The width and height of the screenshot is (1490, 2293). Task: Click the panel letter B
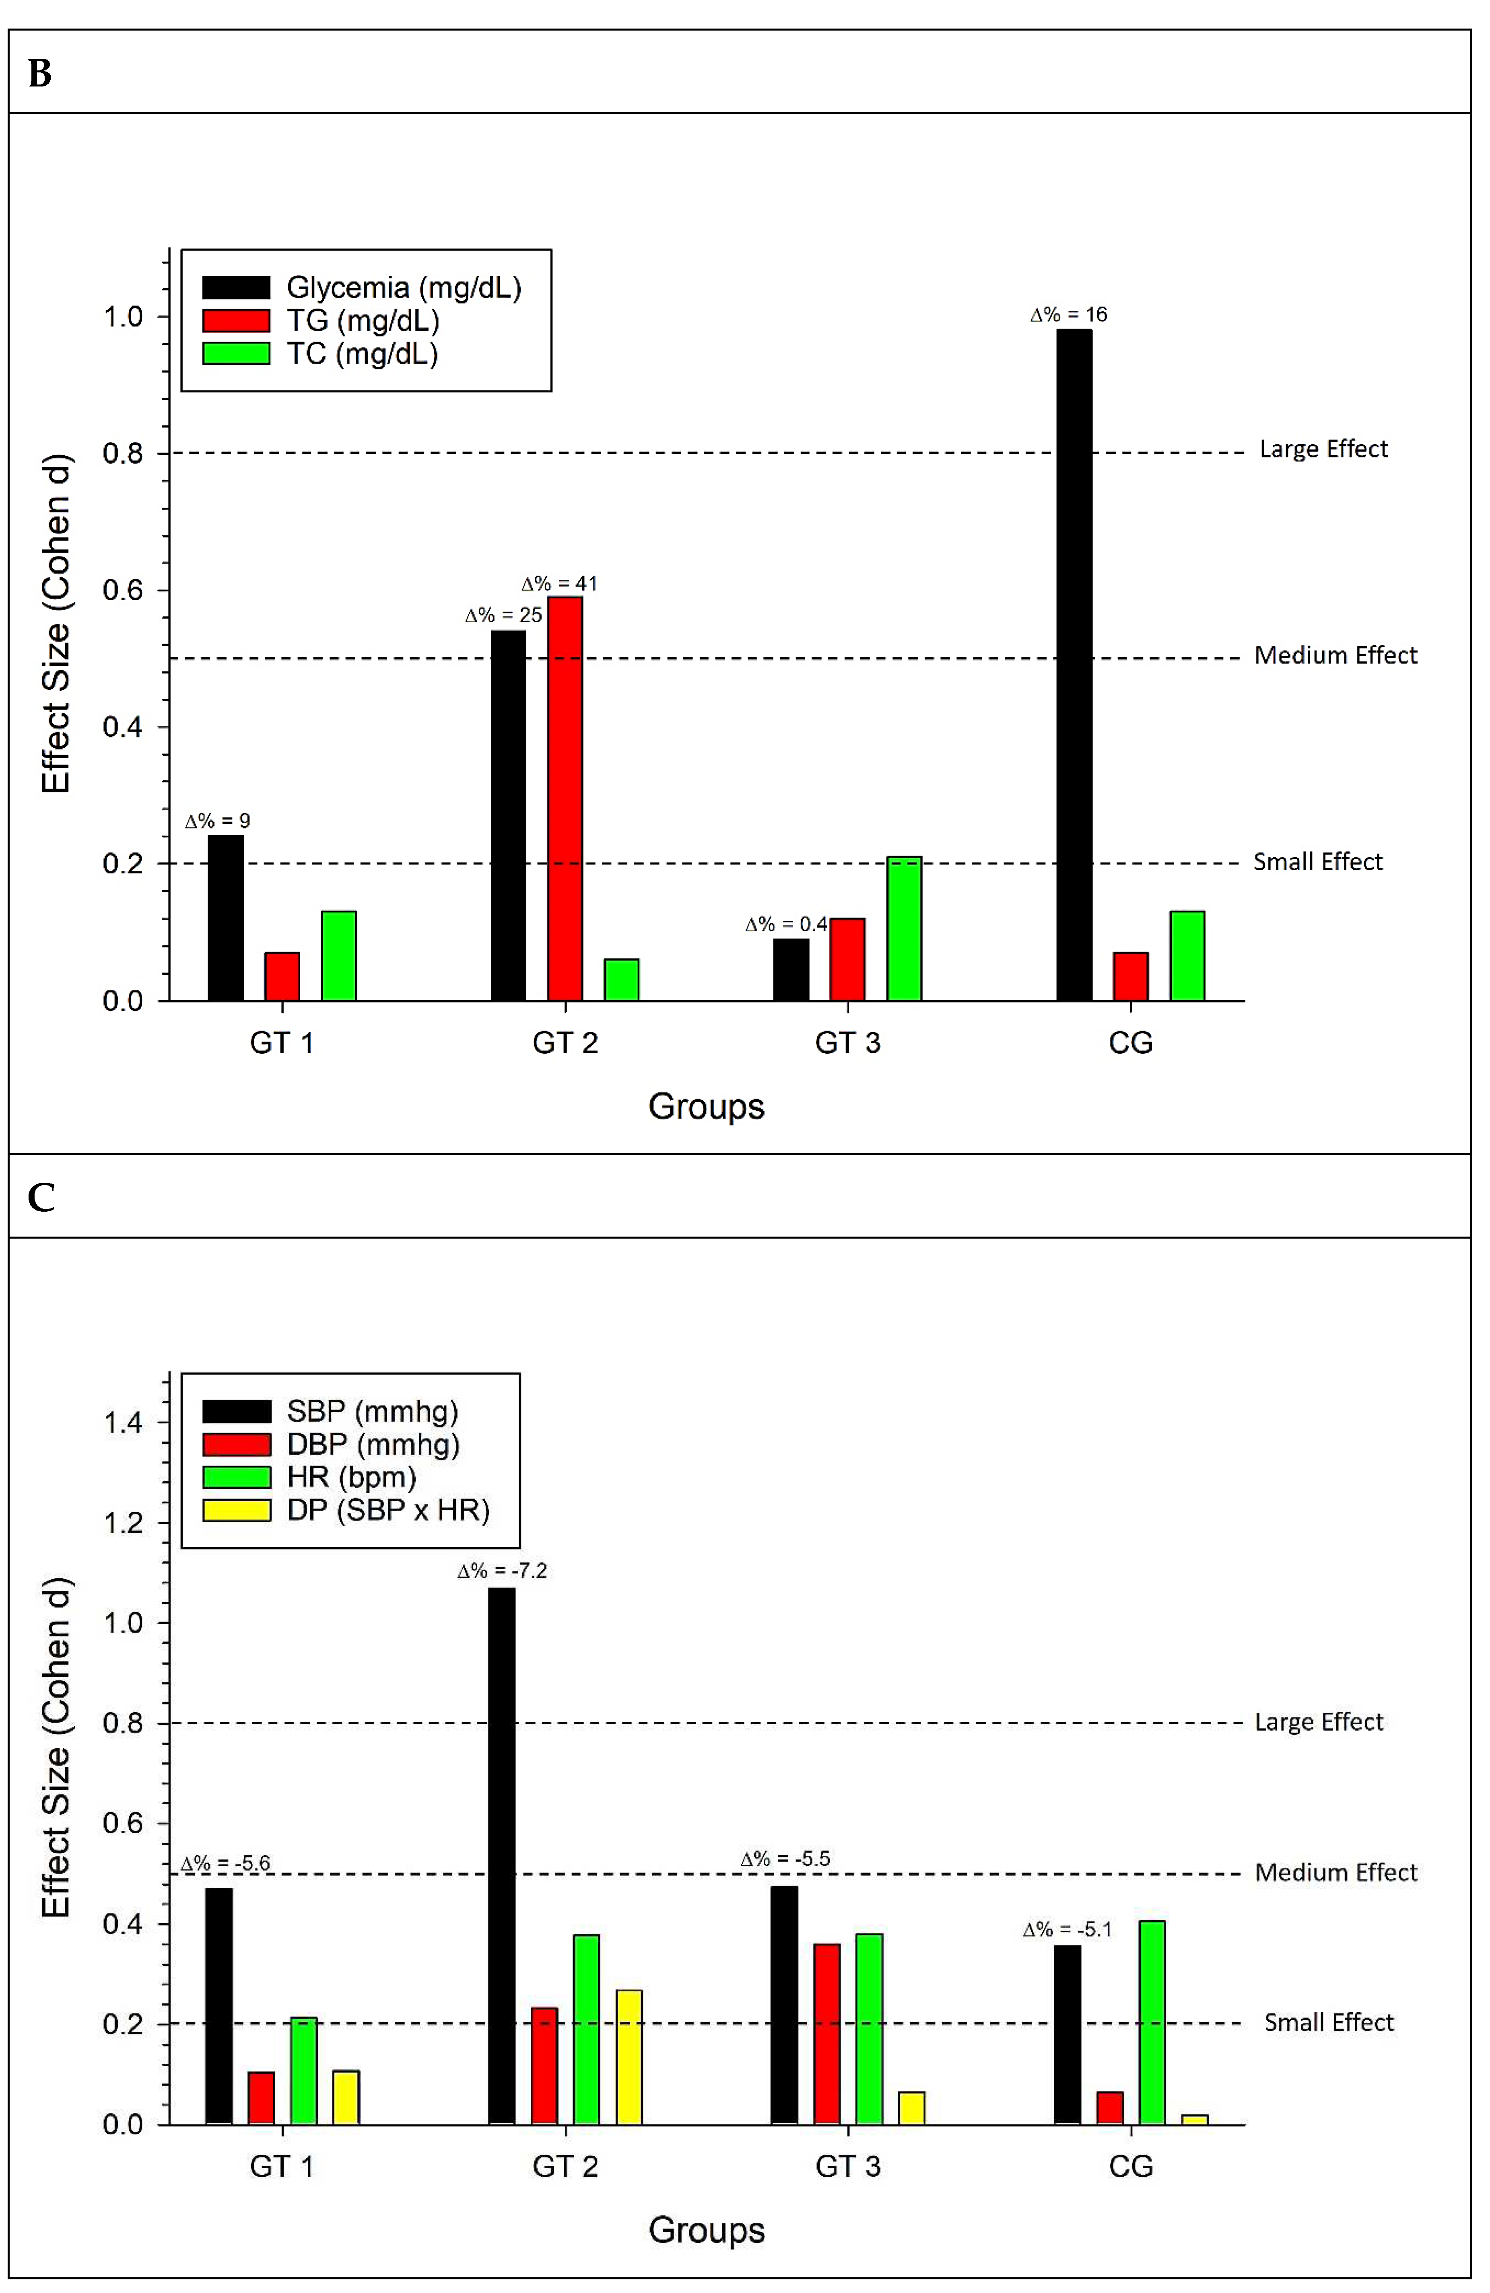click(x=39, y=73)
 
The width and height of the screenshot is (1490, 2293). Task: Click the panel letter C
click(x=41, y=1198)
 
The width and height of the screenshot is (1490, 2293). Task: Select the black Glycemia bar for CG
click(x=1074, y=665)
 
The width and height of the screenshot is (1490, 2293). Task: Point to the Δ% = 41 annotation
click(x=559, y=584)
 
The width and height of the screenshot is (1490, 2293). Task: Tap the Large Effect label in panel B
click(x=1323, y=449)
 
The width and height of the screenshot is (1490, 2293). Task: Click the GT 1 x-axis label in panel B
click(x=281, y=1042)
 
